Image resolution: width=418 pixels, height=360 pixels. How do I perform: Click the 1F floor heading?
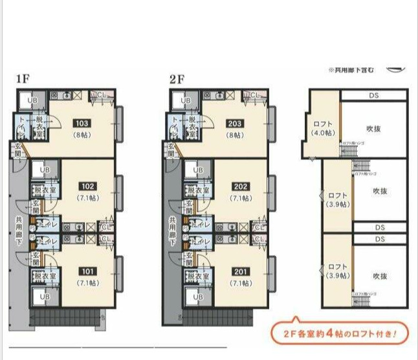coord(23,80)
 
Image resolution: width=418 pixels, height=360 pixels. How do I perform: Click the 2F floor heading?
coord(177,80)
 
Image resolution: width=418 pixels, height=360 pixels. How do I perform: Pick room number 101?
coord(87,272)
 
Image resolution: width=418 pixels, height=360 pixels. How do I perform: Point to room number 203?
coord(234,123)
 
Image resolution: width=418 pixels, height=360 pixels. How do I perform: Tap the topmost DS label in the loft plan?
coord(374,95)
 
